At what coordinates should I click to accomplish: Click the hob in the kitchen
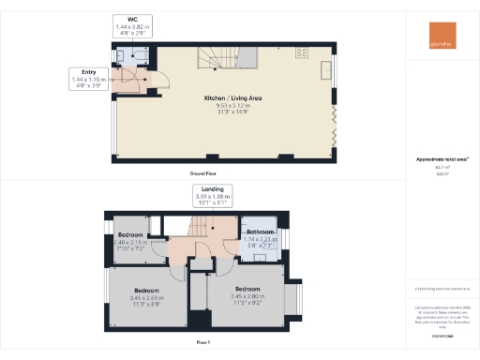(x=304, y=52)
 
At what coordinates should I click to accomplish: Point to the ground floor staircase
(x=218, y=59)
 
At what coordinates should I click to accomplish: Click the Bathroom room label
(x=259, y=232)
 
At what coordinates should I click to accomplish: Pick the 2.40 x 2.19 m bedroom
(x=130, y=241)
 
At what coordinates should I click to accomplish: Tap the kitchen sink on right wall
(x=327, y=72)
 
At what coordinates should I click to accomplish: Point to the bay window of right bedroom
(x=299, y=299)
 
